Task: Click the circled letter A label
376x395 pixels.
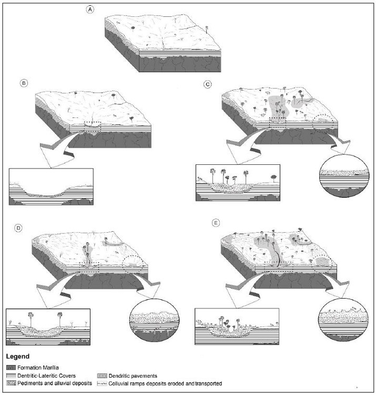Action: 90,9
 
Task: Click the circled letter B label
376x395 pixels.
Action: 24,83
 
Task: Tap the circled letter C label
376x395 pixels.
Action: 208,84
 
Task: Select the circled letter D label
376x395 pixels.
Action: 18,228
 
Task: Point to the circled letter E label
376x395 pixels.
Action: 216,223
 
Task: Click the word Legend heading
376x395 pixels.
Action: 18,357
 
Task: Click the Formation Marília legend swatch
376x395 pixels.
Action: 11,368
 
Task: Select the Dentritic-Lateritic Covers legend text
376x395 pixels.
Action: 46,376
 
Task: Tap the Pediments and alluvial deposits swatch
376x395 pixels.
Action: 11,383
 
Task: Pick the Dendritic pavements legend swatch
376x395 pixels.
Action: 102,376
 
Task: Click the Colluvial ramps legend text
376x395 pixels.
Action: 165,383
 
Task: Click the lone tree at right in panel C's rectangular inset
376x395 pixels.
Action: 273,178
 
